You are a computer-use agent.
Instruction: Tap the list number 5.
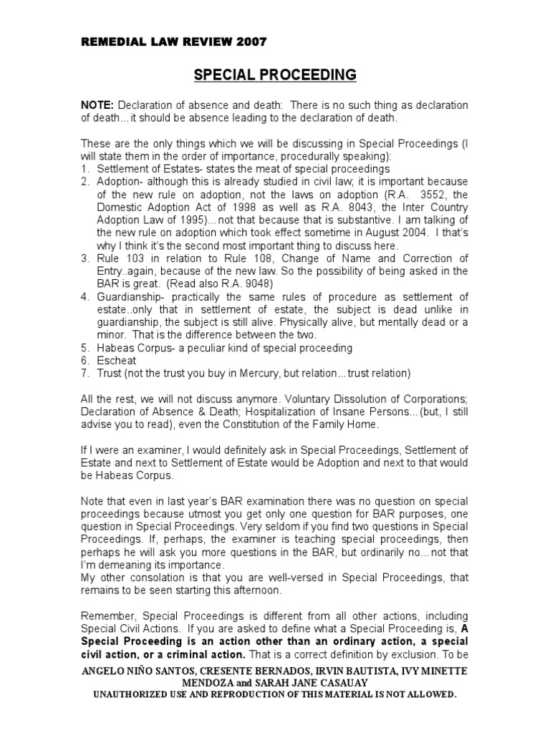coord(84,347)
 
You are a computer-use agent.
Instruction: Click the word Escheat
coord(116,360)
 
